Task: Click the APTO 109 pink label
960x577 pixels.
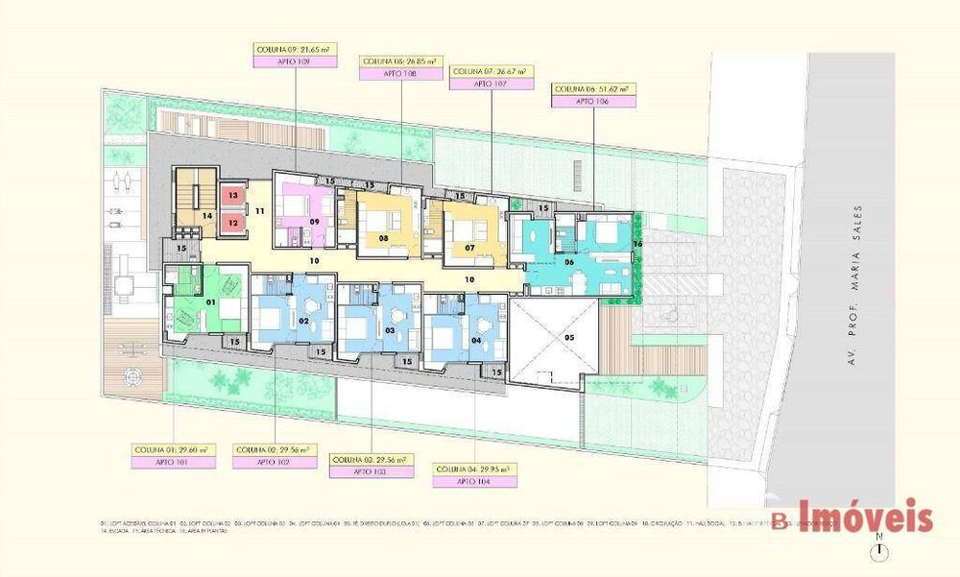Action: (x=296, y=60)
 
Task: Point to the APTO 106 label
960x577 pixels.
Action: (x=594, y=101)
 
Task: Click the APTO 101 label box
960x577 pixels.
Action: (x=172, y=462)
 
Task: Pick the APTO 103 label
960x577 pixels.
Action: (x=371, y=472)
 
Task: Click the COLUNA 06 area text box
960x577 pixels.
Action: (x=594, y=89)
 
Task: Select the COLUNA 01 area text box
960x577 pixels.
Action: (x=172, y=449)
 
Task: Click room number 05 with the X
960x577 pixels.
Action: (x=567, y=337)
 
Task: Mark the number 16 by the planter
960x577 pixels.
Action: (x=636, y=243)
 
